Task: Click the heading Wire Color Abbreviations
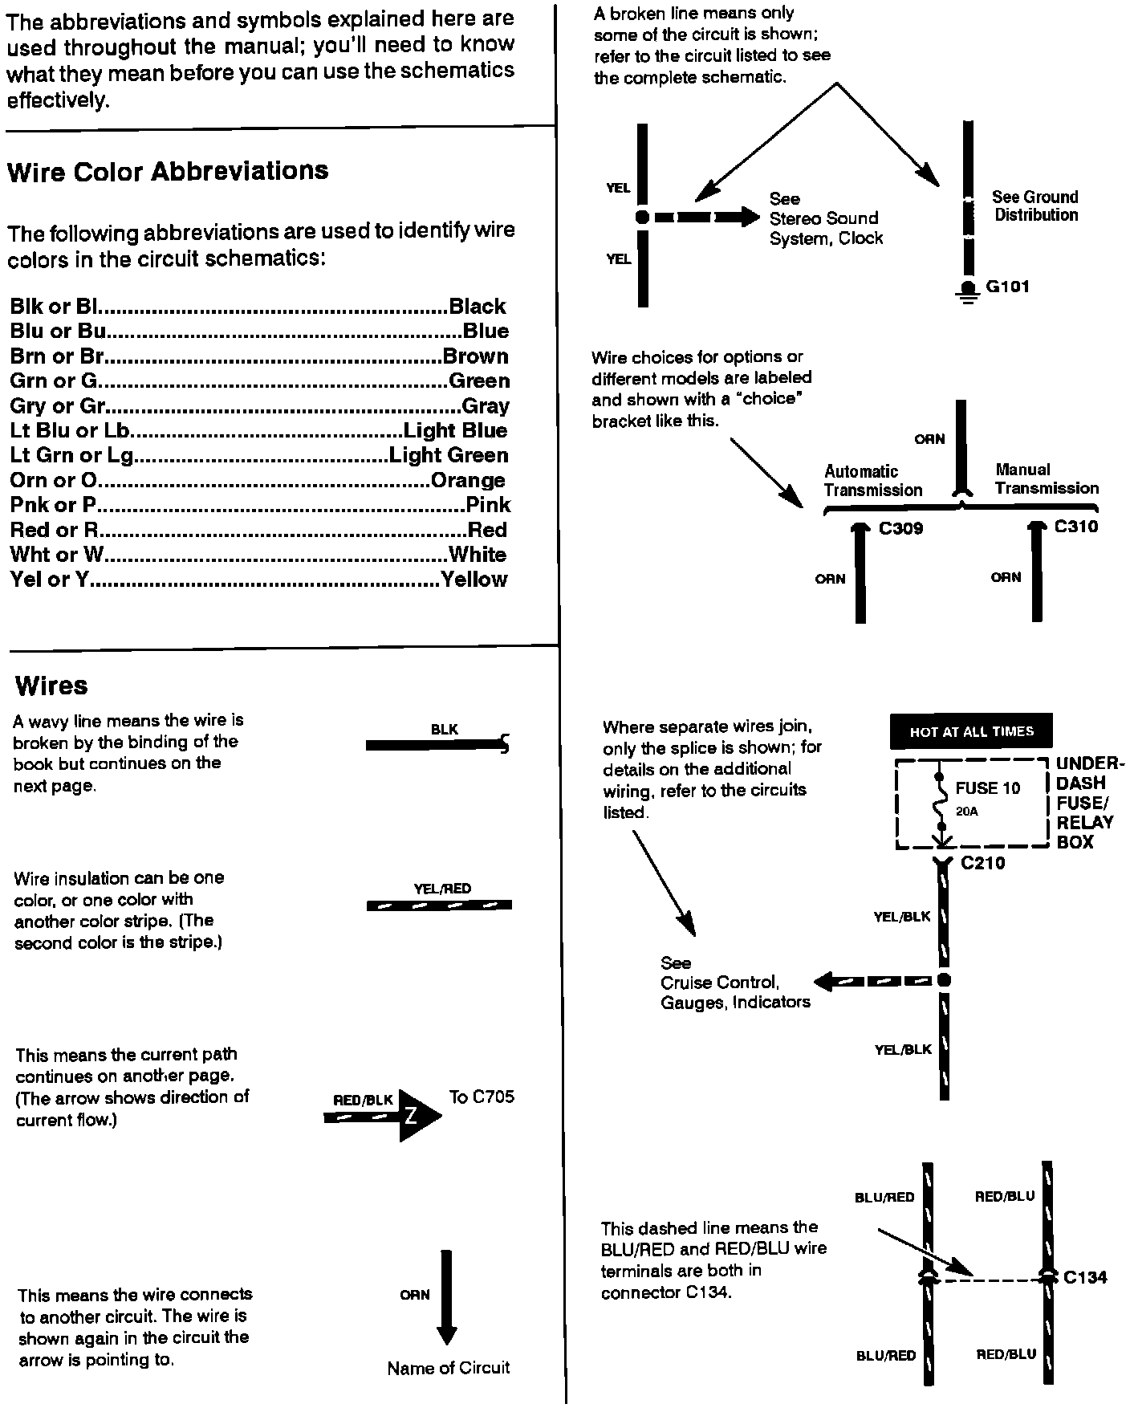pyautogui.click(x=168, y=171)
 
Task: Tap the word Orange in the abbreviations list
pyautogui.click(x=468, y=480)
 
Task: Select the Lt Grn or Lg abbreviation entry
pyautogui.click(x=71, y=455)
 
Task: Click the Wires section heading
pyautogui.click(x=51, y=686)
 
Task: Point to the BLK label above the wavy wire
pyautogui.click(x=444, y=729)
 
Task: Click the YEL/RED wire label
pyautogui.click(x=442, y=889)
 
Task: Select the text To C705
pyautogui.click(x=482, y=1097)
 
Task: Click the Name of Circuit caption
pyautogui.click(x=448, y=1367)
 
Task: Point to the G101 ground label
pyautogui.click(x=1007, y=287)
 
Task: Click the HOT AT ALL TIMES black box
pyautogui.click(x=971, y=731)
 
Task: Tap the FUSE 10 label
pyautogui.click(x=987, y=788)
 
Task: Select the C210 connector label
pyautogui.click(x=982, y=863)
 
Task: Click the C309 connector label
pyautogui.click(x=900, y=528)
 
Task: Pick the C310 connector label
pyautogui.click(x=1075, y=527)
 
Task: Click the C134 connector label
pyautogui.click(x=1085, y=1277)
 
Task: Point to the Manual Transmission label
pyautogui.click(x=1047, y=479)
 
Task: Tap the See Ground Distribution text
pyautogui.click(x=1035, y=206)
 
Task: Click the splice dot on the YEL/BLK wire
pyautogui.click(x=944, y=979)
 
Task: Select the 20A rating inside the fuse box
pyautogui.click(x=967, y=812)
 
